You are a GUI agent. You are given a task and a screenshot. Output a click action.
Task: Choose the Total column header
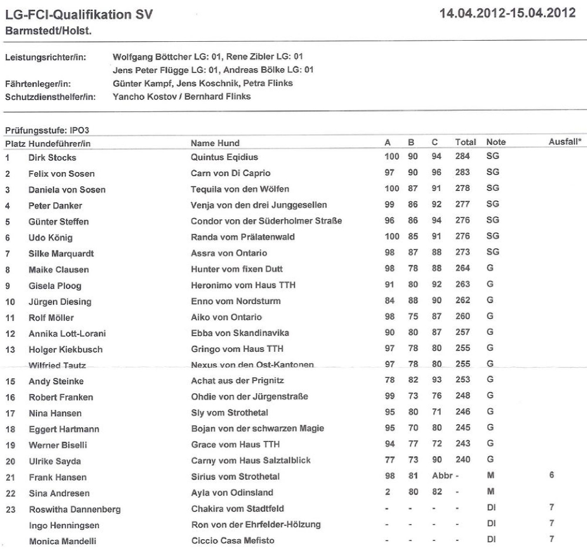[x=465, y=143]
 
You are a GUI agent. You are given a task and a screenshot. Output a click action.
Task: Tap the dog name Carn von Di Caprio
[x=230, y=173]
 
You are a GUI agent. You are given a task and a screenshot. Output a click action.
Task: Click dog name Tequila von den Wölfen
[x=238, y=189]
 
